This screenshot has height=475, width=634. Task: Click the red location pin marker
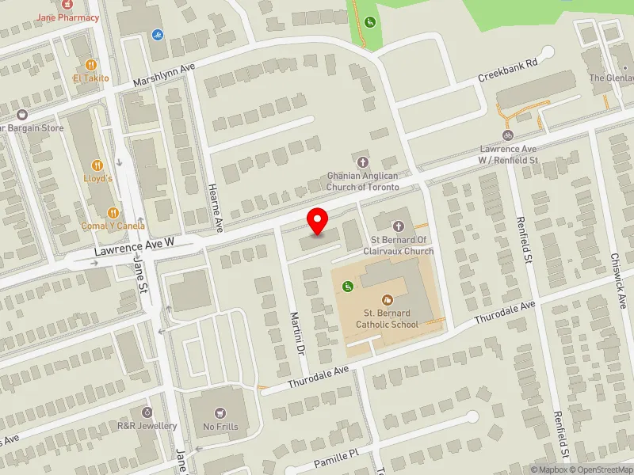pos(318,221)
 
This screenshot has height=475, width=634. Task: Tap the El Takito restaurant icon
pos(90,64)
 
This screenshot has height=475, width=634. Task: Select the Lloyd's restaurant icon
pos(98,165)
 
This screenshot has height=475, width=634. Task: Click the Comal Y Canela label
pos(113,226)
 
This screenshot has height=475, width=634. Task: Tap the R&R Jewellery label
pos(147,426)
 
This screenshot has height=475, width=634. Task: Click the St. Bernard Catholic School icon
pos(387,299)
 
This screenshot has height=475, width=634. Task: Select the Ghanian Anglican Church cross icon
pos(365,161)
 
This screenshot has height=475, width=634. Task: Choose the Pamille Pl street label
pos(336,457)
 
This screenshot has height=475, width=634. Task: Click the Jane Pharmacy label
pos(69,17)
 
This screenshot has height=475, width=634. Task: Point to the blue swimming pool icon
pos(156,35)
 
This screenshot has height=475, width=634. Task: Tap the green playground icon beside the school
pos(346,286)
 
